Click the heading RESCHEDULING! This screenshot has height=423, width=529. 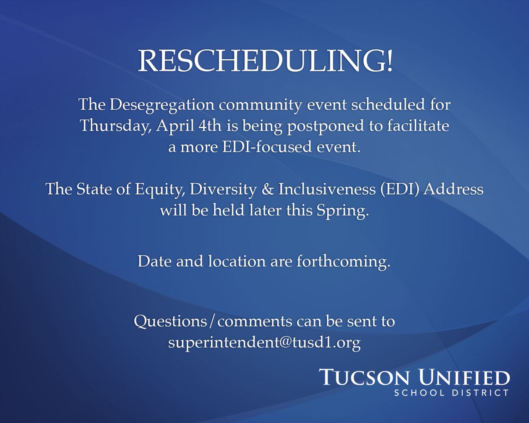[265, 61]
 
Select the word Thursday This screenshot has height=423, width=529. [115, 126]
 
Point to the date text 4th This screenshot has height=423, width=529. [210, 125]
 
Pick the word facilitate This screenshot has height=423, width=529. [418, 125]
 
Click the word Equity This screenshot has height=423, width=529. [160, 190]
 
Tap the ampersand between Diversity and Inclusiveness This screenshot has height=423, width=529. [268, 189]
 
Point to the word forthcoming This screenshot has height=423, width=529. [343, 262]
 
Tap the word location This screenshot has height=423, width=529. [237, 261]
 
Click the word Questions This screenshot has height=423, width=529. [170, 321]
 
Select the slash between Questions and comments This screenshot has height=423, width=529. [212, 321]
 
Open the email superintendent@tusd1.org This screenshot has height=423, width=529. [264, 342]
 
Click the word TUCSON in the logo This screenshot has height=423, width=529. [365, 377]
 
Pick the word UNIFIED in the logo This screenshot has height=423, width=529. [464, 377]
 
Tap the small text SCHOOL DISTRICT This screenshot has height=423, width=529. [451, 393]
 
